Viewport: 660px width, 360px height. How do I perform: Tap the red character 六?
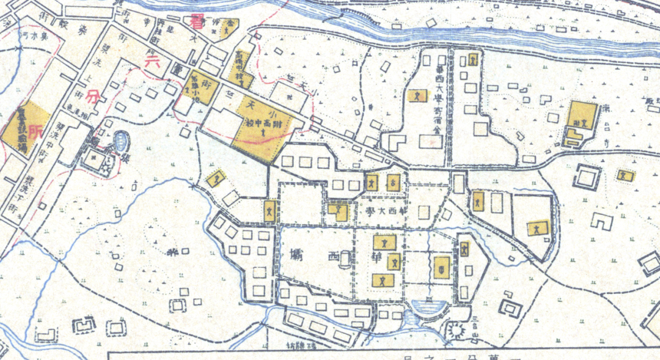click(x=150, y=61)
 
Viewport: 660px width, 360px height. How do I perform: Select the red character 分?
click(x=92, y=96)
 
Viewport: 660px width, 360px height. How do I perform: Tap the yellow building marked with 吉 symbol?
click(x=394, y=182)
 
